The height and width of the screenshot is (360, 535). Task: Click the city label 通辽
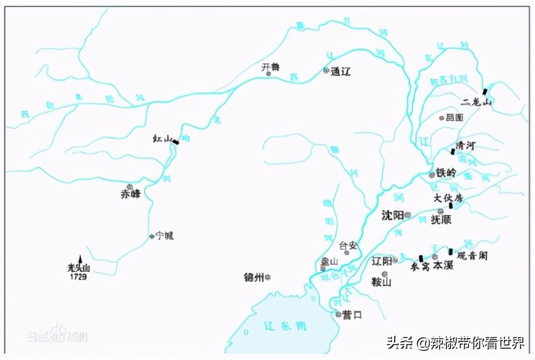(341, 71)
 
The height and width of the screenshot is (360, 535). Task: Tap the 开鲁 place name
(271, 67)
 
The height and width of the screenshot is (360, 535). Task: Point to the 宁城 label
(165, 235)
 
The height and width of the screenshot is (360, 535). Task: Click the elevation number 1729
(77, 277)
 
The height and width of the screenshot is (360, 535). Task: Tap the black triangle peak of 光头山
(80, 259)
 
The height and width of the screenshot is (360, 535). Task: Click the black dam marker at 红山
(176, 142)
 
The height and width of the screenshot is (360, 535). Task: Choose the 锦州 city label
(254, 277)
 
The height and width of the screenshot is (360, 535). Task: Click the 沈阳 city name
(392, 215)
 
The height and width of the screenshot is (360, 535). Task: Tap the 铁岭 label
(446, 173)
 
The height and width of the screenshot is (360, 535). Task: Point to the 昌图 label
(455, 117)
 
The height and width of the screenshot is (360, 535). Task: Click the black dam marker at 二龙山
(485, 91)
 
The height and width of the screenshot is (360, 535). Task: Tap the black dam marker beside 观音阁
(450, 251)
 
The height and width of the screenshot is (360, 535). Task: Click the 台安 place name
(348, 246)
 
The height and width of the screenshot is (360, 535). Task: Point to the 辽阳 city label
(381, 260)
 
